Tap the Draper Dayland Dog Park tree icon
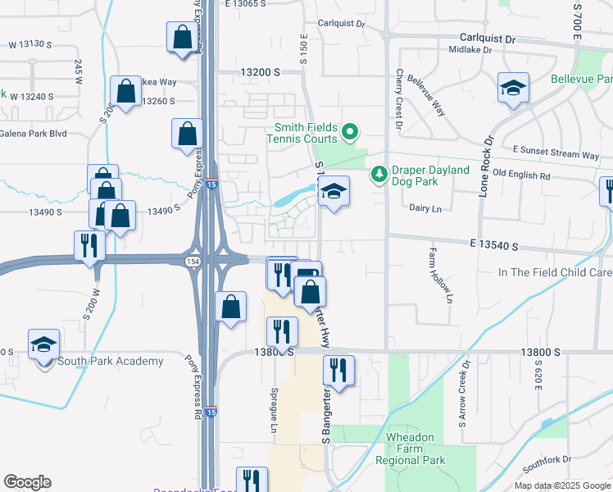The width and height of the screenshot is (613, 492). pos(379,174)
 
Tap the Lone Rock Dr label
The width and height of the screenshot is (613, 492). pos(484,166)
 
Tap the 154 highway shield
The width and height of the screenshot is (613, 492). pos(192,260)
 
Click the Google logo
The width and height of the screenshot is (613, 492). pos(27,482)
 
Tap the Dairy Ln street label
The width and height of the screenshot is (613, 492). pos(425,209)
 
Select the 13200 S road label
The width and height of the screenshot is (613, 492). pos(260,72)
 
